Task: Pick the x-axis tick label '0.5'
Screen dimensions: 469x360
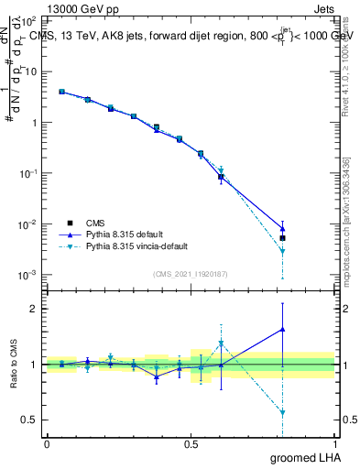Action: tap(191, 443)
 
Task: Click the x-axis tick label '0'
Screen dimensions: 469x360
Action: tap(47, 443)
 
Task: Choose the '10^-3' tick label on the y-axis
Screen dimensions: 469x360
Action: tap(27, 275)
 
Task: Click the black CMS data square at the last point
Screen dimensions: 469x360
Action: tap(282, 238)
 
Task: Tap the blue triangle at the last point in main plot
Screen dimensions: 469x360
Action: tap(282, 229)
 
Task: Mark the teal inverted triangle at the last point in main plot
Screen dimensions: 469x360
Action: tap(282, 251)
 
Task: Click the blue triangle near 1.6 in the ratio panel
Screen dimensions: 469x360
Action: tap(282, 329)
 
